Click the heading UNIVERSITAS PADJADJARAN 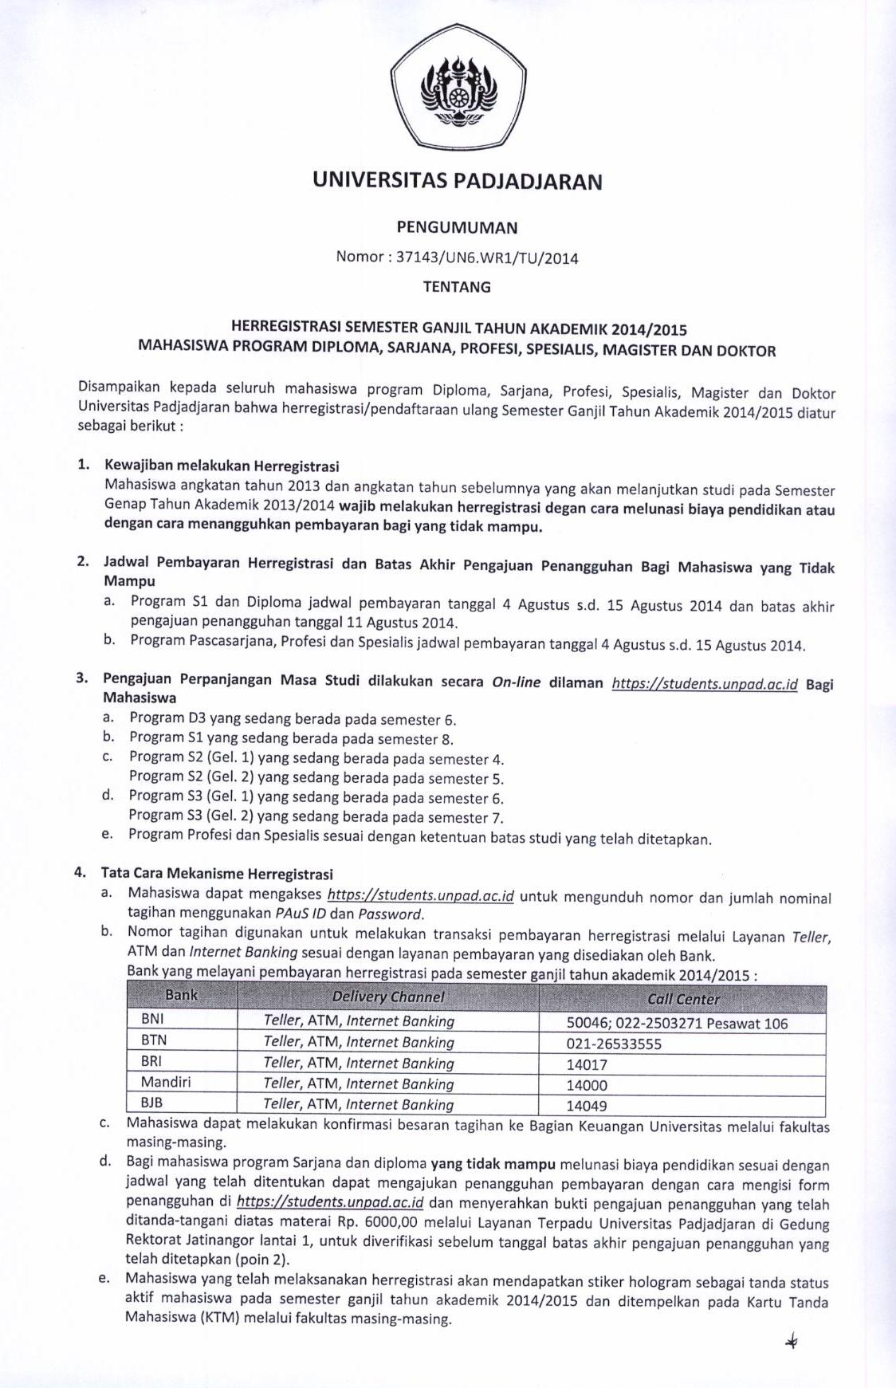[457, 181]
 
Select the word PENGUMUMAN [457, 227]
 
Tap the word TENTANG [457, 287]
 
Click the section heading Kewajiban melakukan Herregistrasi [222, 466]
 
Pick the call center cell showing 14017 [587, 1064]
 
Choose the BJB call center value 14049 [587, 1106]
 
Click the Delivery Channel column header [388, 997]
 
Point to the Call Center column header [683, 999]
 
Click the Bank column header [182, 995]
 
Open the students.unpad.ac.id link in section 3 [705, 683]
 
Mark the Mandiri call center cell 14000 [587, 1085]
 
